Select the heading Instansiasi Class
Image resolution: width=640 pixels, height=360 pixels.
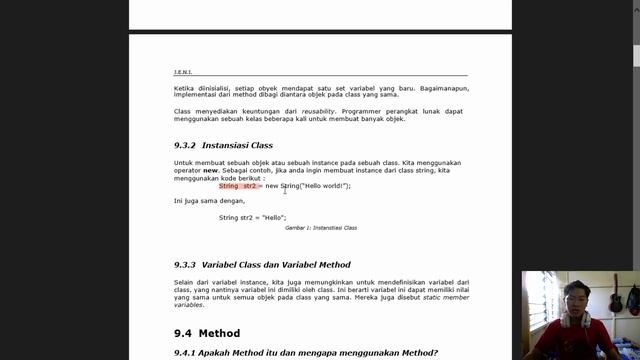point(237,145)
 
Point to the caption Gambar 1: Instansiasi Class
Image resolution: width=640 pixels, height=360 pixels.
point(321,228)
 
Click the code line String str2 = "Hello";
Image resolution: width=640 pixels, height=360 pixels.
point(252,217)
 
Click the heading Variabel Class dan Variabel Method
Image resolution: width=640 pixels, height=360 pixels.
point(276,265)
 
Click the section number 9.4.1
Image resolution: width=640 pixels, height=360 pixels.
point(187,352)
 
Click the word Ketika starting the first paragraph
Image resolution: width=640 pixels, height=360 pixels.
point(185,87)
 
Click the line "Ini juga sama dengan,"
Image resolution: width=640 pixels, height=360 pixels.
point(209,201)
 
